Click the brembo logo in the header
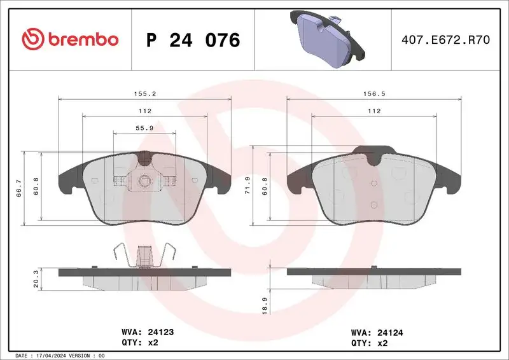coord(70,39)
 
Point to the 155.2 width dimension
coord(144,93)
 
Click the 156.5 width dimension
coord(373,93)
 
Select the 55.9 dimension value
coord(144,128)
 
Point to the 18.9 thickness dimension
coord(264,303)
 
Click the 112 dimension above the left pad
coord(144,111)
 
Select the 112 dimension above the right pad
coord(373,111)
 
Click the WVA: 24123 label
coord(147,331)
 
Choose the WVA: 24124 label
coord(376,331)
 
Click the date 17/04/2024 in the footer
coord(54,356)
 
